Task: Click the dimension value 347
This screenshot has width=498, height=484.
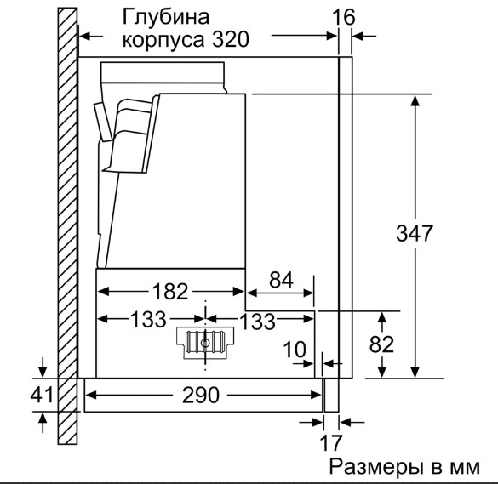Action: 415,233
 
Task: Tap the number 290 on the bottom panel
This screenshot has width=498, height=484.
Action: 201,395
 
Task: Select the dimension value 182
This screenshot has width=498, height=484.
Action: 170,292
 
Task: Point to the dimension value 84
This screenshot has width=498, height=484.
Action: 281,280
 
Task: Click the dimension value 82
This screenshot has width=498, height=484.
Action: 381,344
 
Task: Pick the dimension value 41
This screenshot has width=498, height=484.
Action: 42,395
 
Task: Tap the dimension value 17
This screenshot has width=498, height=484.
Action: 331,442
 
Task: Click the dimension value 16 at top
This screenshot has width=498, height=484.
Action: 344,17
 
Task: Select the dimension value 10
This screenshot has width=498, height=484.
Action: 295,350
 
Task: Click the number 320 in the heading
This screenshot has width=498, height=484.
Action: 231,39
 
